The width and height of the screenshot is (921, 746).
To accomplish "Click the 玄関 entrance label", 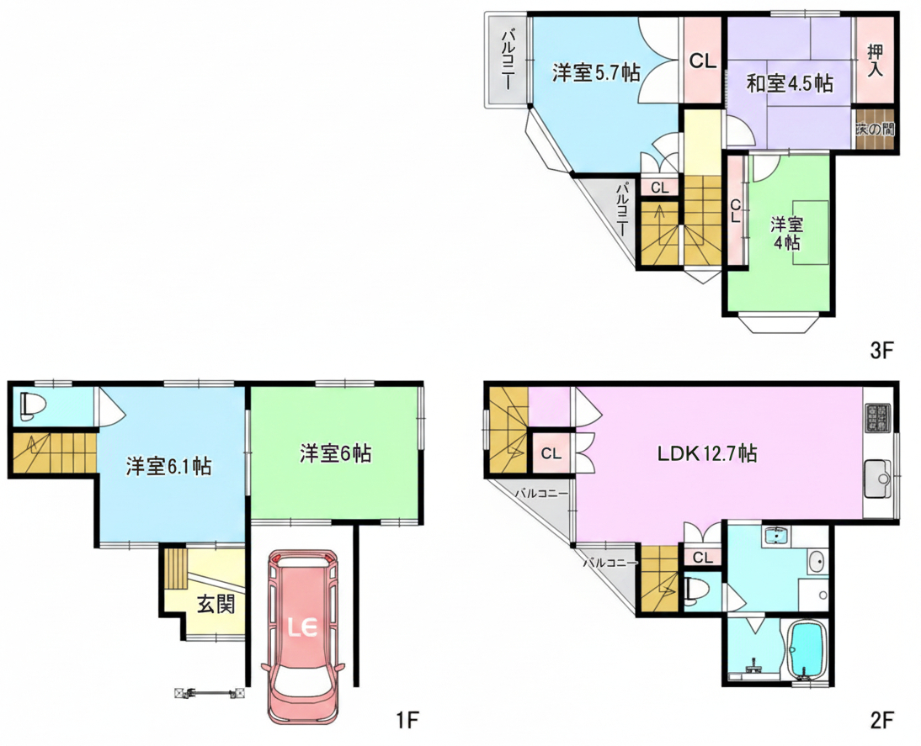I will (216, 604).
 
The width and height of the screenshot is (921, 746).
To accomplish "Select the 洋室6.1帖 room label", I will (169, 467).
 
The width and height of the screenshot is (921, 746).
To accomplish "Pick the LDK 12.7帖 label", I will (707, 454).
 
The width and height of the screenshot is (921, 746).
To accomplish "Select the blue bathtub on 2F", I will (807, 649).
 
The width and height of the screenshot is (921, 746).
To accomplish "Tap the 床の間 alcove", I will (875, 130).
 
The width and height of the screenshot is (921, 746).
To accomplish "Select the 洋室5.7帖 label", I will (594, 73).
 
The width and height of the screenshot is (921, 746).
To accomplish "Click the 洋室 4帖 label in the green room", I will (787, 234).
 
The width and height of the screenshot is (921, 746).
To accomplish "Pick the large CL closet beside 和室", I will (703, 61).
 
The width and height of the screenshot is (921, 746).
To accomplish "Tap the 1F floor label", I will (407, 720).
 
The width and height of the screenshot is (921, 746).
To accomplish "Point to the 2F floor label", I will (881, 720).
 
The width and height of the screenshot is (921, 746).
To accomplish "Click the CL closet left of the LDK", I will (551, 454).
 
